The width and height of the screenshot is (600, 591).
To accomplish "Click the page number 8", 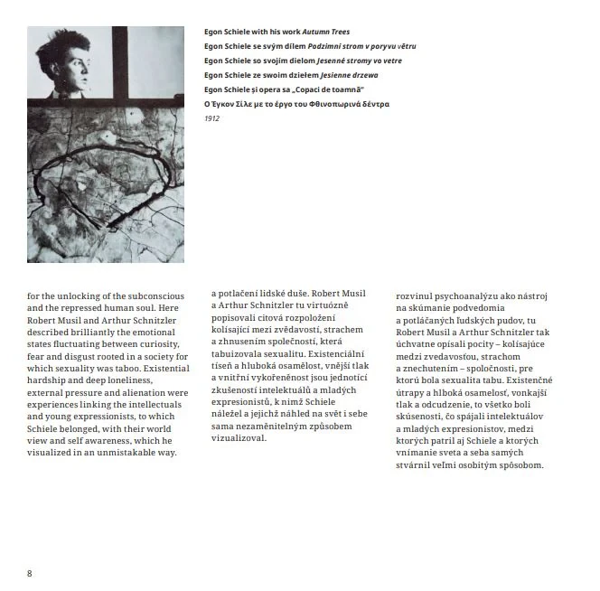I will point(30,573).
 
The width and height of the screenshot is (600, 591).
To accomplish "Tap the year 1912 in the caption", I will point(211,118).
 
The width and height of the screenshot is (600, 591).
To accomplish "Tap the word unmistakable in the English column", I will point(122,452).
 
